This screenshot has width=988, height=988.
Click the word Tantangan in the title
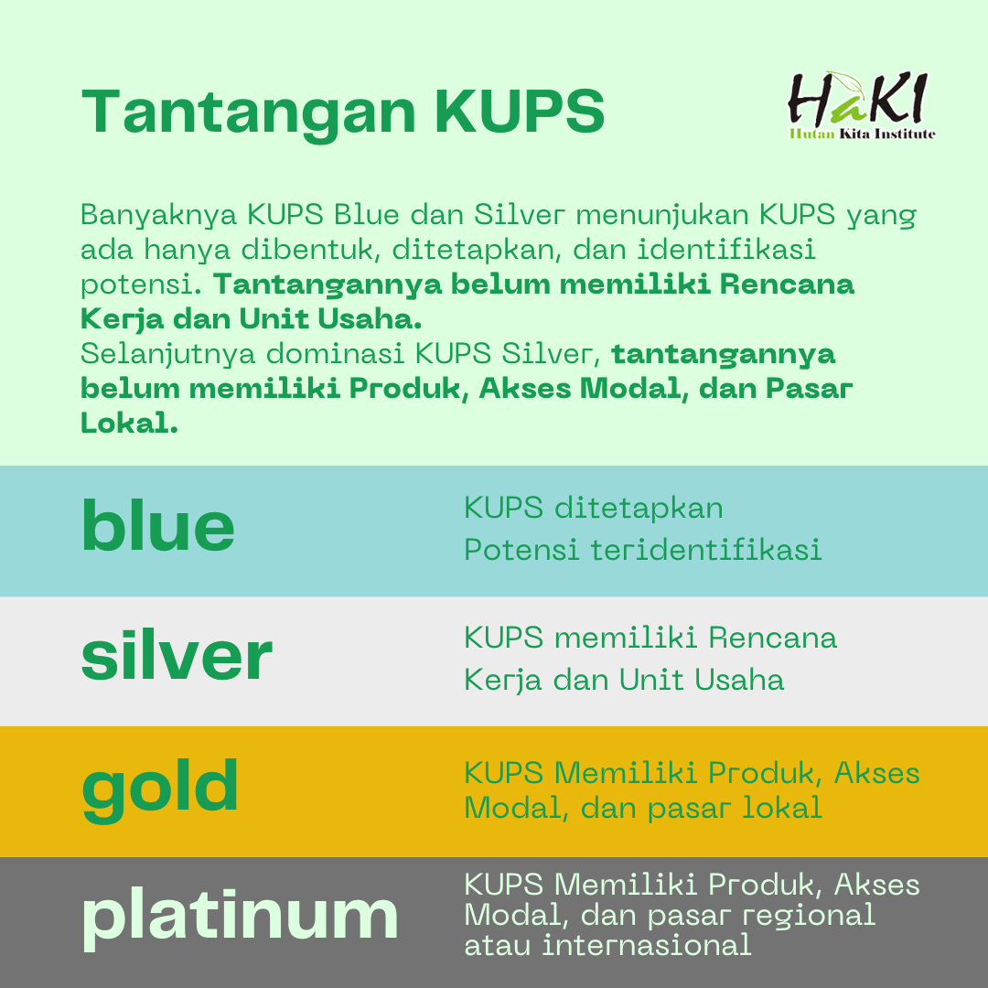[249, 113]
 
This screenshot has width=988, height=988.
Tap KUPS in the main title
[520, 111]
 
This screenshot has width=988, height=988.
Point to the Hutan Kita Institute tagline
[862, 134]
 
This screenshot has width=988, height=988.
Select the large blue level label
[158, 525]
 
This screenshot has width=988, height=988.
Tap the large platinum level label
[240, 919]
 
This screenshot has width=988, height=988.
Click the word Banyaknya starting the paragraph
[159, 216]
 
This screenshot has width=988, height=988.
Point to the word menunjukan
[661, 216]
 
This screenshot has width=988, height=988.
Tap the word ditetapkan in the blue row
[639, 509]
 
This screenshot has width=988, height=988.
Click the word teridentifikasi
[705, 550]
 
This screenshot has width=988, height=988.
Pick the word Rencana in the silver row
[772, 638]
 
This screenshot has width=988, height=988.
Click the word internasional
[647, 945]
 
